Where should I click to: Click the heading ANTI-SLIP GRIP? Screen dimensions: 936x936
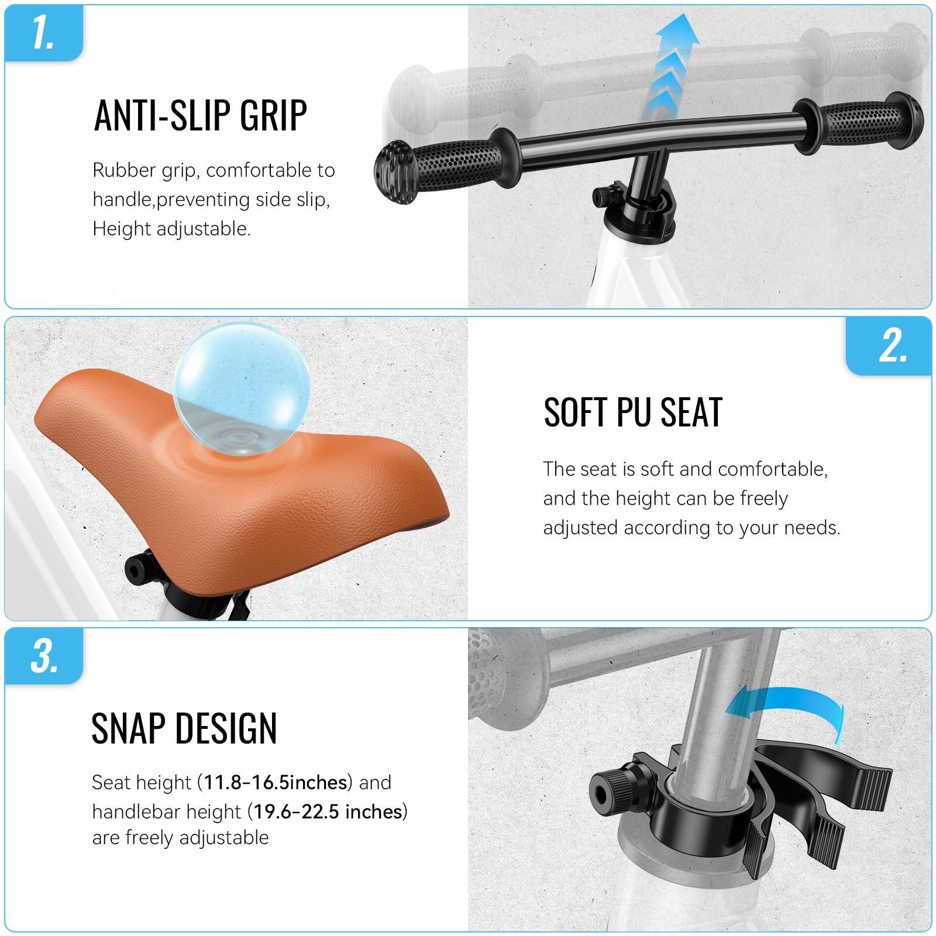click(x=201, y=115)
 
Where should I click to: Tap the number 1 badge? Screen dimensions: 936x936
click(x=44, y=32)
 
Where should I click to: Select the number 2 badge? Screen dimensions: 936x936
click(x=889, y=346)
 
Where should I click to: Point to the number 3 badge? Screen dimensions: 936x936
click(x=44, y=656)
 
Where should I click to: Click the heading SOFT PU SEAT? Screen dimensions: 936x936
click(x=633, y=412)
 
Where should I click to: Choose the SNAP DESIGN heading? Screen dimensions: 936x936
click(x=184, y=728)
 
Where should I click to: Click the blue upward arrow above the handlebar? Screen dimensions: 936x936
click(x=673, y=66)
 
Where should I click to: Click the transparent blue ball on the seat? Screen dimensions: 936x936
click(x=242, y=389)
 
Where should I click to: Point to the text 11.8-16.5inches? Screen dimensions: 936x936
click(x=276, y=782)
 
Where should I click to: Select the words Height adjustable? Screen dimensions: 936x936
click(x=171, y=229)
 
